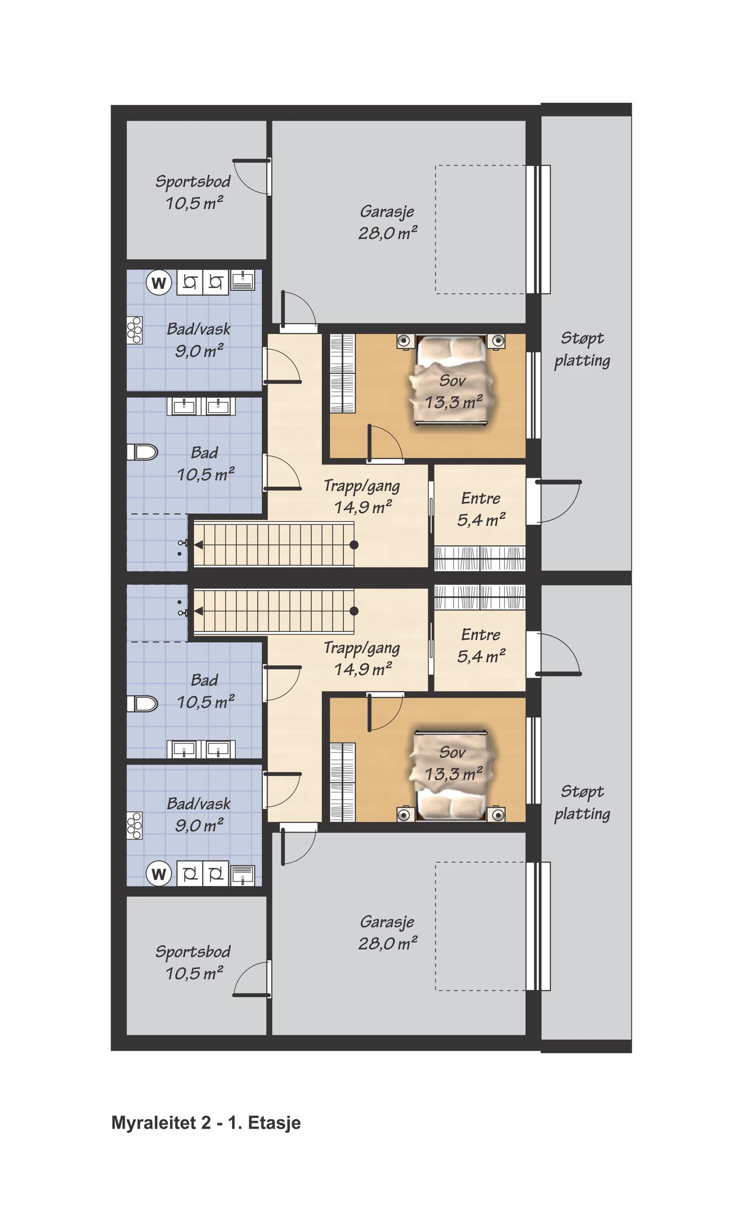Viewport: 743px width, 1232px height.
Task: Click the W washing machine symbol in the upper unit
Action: pos(158,282)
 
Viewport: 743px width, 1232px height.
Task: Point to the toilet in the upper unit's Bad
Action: pos(143,452)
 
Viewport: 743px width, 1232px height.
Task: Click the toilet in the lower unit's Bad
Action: pos(143,704)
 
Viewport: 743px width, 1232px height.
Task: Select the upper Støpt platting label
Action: pos(582,350)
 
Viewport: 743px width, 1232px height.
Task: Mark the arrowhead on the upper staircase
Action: pos(198,545)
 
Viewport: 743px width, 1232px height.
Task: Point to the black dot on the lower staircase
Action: pos(354,611)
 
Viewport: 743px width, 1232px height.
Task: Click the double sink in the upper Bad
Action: pos(201,406)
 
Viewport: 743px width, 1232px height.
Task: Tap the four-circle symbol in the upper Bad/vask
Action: pos(135,330)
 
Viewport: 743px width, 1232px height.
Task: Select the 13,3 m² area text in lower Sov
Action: pos(454,774)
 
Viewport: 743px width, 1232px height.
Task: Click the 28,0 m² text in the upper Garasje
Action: pos(387,233)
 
